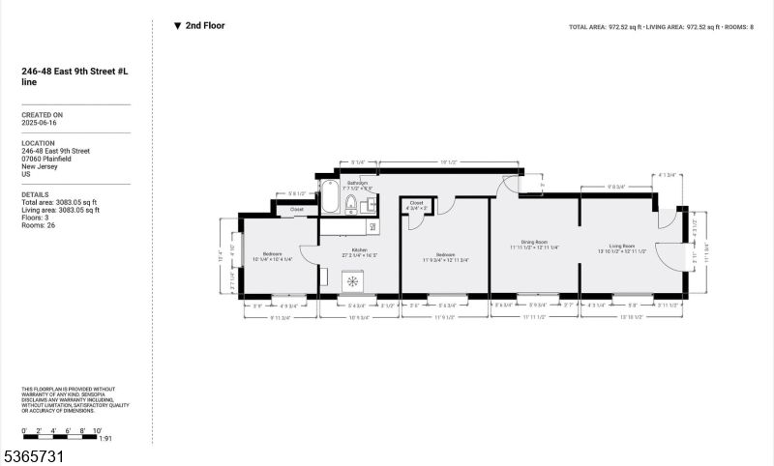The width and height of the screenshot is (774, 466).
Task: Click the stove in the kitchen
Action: [353, 281]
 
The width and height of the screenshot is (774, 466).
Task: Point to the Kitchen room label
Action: [360, 250]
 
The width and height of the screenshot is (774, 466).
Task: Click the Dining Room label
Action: [535, 243]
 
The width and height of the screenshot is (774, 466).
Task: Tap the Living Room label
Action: [628, 247]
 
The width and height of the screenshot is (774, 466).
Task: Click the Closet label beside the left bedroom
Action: [297, 209]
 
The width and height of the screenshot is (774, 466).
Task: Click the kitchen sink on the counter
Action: [372, 226]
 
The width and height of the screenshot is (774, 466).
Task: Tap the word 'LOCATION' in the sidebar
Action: [39, 143]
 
